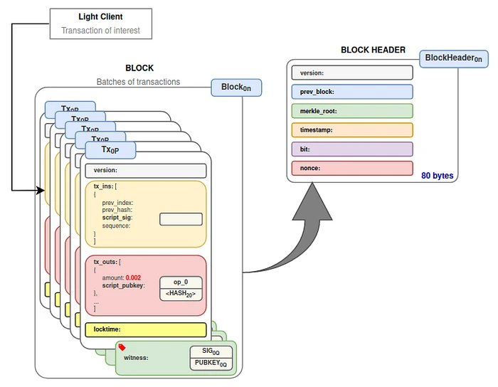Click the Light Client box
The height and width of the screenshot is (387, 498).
100,23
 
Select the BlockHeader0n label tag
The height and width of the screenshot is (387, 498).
453,58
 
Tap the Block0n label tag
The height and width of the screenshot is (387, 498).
235,88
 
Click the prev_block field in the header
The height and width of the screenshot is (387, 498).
351,92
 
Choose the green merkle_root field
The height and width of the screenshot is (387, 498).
351,111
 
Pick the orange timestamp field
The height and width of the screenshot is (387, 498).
351,130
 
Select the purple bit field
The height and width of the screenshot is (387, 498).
351,149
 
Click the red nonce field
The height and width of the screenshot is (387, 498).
351,169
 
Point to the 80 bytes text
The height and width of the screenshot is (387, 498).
437,175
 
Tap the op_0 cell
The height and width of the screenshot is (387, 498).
181,282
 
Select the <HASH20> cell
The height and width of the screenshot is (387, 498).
181,294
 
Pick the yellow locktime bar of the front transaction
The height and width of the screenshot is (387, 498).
145,329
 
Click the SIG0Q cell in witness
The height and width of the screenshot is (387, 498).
211,352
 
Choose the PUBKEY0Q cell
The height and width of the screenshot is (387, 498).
211,364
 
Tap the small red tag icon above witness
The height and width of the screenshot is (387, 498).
122,347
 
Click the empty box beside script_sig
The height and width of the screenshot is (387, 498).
181,219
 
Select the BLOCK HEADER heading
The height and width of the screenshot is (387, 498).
373,50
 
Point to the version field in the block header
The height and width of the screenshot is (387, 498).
351,73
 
